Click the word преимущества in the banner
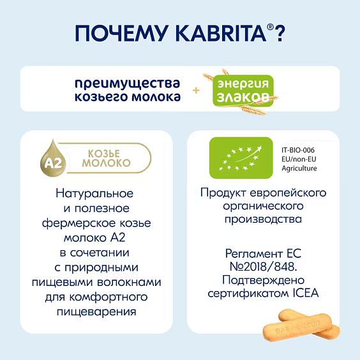(127, 83)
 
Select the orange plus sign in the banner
(196, 91)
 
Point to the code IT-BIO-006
(299, 147)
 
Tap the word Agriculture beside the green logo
(299, 167)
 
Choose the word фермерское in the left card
(72, 223)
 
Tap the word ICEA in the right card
(304, 294)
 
